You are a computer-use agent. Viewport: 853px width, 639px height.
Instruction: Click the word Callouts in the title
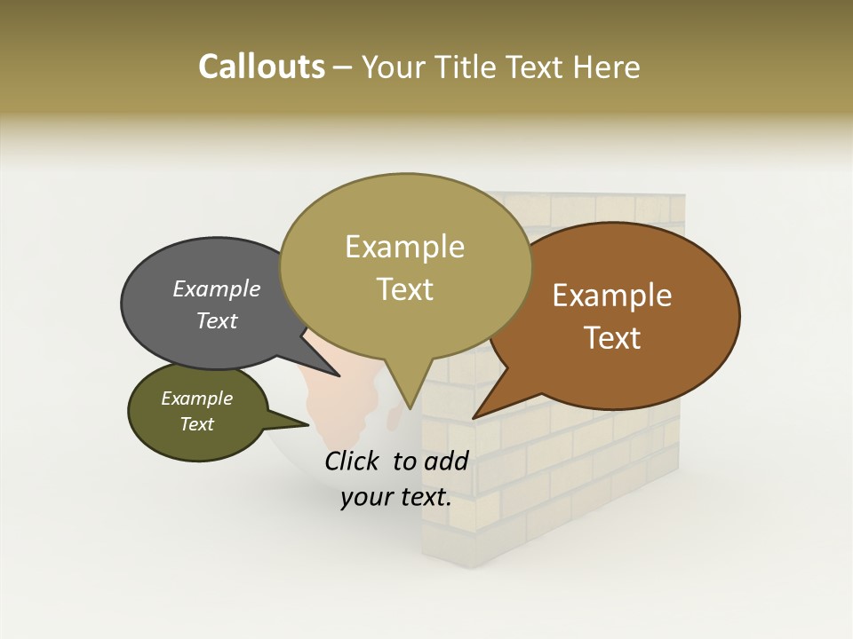click(x=261, y=67)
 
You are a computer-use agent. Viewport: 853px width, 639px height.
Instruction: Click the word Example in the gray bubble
click(x=217, y=288)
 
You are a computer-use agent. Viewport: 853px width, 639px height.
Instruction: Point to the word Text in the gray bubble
click(x=217, y=320)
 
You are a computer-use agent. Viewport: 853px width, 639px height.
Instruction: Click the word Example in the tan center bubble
click(x=404, y=247)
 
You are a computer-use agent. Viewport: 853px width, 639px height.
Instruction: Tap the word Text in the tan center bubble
click(x=404, y=289)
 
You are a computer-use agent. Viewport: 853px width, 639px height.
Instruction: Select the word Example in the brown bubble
click(x=612, y=296)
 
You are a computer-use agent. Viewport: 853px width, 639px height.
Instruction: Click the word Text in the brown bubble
click(x=612, y=337)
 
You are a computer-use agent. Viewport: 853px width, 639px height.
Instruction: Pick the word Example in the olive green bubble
click(x=196, y=398)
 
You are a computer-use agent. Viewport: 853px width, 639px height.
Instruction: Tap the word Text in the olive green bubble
click(x=196, y=424)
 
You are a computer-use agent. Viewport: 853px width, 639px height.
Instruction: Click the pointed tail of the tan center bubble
click(x=410, y=399)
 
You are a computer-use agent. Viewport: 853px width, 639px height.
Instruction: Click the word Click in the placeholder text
click(x=354, y=461)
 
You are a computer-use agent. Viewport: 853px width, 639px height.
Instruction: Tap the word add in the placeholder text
click(x=447, y=461)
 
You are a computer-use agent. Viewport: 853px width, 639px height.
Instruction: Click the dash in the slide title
click(x=343, y=67)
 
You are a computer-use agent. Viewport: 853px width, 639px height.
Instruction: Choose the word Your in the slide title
click(x=393, y=67)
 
